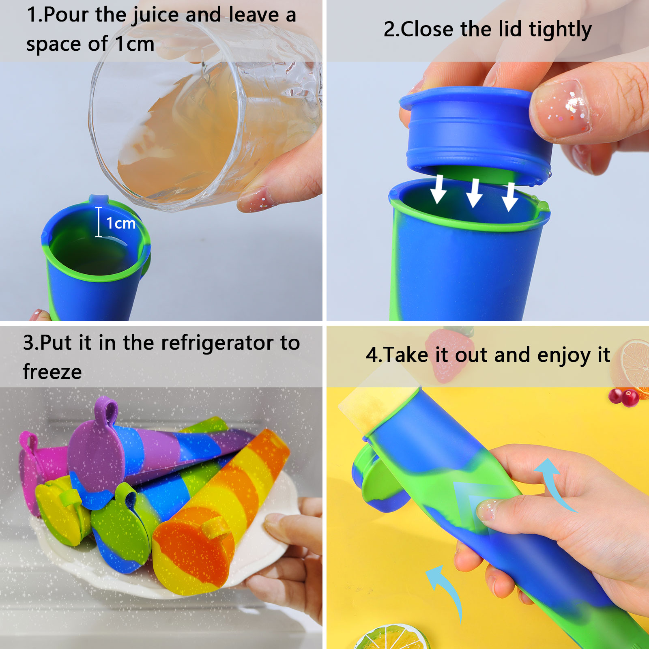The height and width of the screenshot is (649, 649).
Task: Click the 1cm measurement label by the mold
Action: pyautogui.click(x=120, y=223)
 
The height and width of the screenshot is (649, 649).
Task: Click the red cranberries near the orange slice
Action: pyautogui.click(x=624, y=396)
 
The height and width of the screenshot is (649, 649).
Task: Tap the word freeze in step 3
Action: pyautogui.click(x=52, y=372)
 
